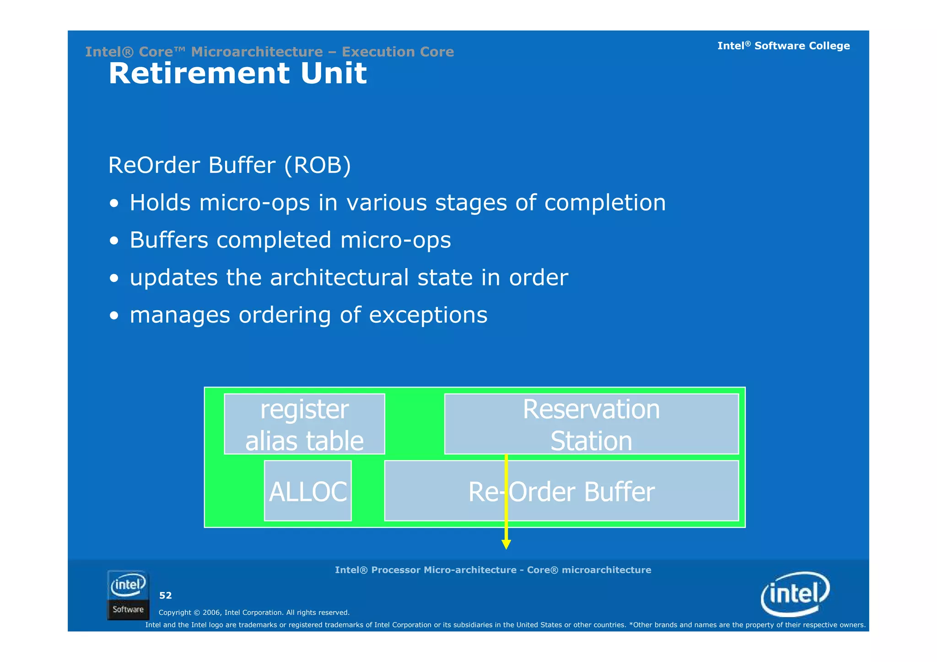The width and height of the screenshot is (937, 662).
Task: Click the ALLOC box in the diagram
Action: point(307,491)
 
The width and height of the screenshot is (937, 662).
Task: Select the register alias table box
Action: point(304,424)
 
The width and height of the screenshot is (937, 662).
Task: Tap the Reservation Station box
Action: point(591,424)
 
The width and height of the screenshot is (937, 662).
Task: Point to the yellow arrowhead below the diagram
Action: point(506,544)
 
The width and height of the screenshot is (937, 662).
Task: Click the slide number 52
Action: point(165,595)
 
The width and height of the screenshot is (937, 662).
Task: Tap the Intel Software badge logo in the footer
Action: point(128,595)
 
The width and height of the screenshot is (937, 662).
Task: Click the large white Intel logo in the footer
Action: point(795,594)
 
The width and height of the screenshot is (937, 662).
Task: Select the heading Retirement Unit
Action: point(237,73)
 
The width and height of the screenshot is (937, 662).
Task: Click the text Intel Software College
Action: point(783,46)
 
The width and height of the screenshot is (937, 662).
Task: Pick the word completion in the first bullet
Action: point(605,203)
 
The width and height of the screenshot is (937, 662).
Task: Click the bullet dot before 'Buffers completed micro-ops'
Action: point(114,241)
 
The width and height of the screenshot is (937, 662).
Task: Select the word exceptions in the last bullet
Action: point(428,315)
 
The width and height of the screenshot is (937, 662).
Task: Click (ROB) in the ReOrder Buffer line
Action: point(317,165)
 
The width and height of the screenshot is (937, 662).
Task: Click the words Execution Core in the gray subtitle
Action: point(398,52)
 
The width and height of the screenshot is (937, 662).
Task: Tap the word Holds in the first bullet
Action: point(160,203)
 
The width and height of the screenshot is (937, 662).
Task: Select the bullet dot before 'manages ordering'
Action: point(114,316)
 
